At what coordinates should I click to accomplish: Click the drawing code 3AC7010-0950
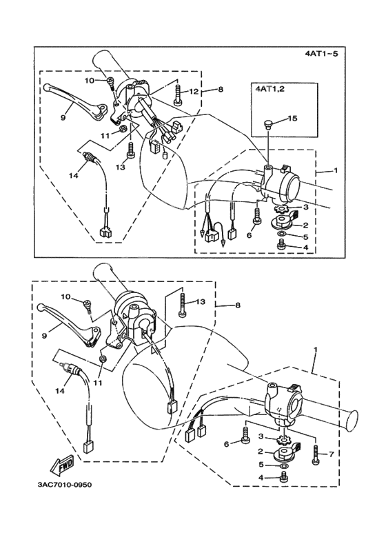pyautogui.click(x=65, y=485)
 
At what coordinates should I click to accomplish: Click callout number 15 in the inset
pyautogui.click(x=292, y=119)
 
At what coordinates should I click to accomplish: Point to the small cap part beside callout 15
pyautogui.click(x=269, y=125)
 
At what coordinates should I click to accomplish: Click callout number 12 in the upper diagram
pyautogui.click(x=193, y=92)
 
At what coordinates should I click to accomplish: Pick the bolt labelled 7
pyautogui.click(x=316, y=454)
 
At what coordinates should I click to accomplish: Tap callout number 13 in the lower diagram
pyautogui.click(x=201, y=301)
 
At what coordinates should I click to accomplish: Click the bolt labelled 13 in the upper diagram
pyautogui.click(x=131, y=150)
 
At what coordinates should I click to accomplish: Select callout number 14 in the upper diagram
pyautogui.click(x=74, y=175)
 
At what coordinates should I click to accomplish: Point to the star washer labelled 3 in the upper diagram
pyautogui.click(x=281, y=207)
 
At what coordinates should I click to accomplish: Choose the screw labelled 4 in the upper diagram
pyautogui.click(x=282, y=244)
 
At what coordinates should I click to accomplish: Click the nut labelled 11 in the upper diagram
pyautogui.click(x=123, y=128)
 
